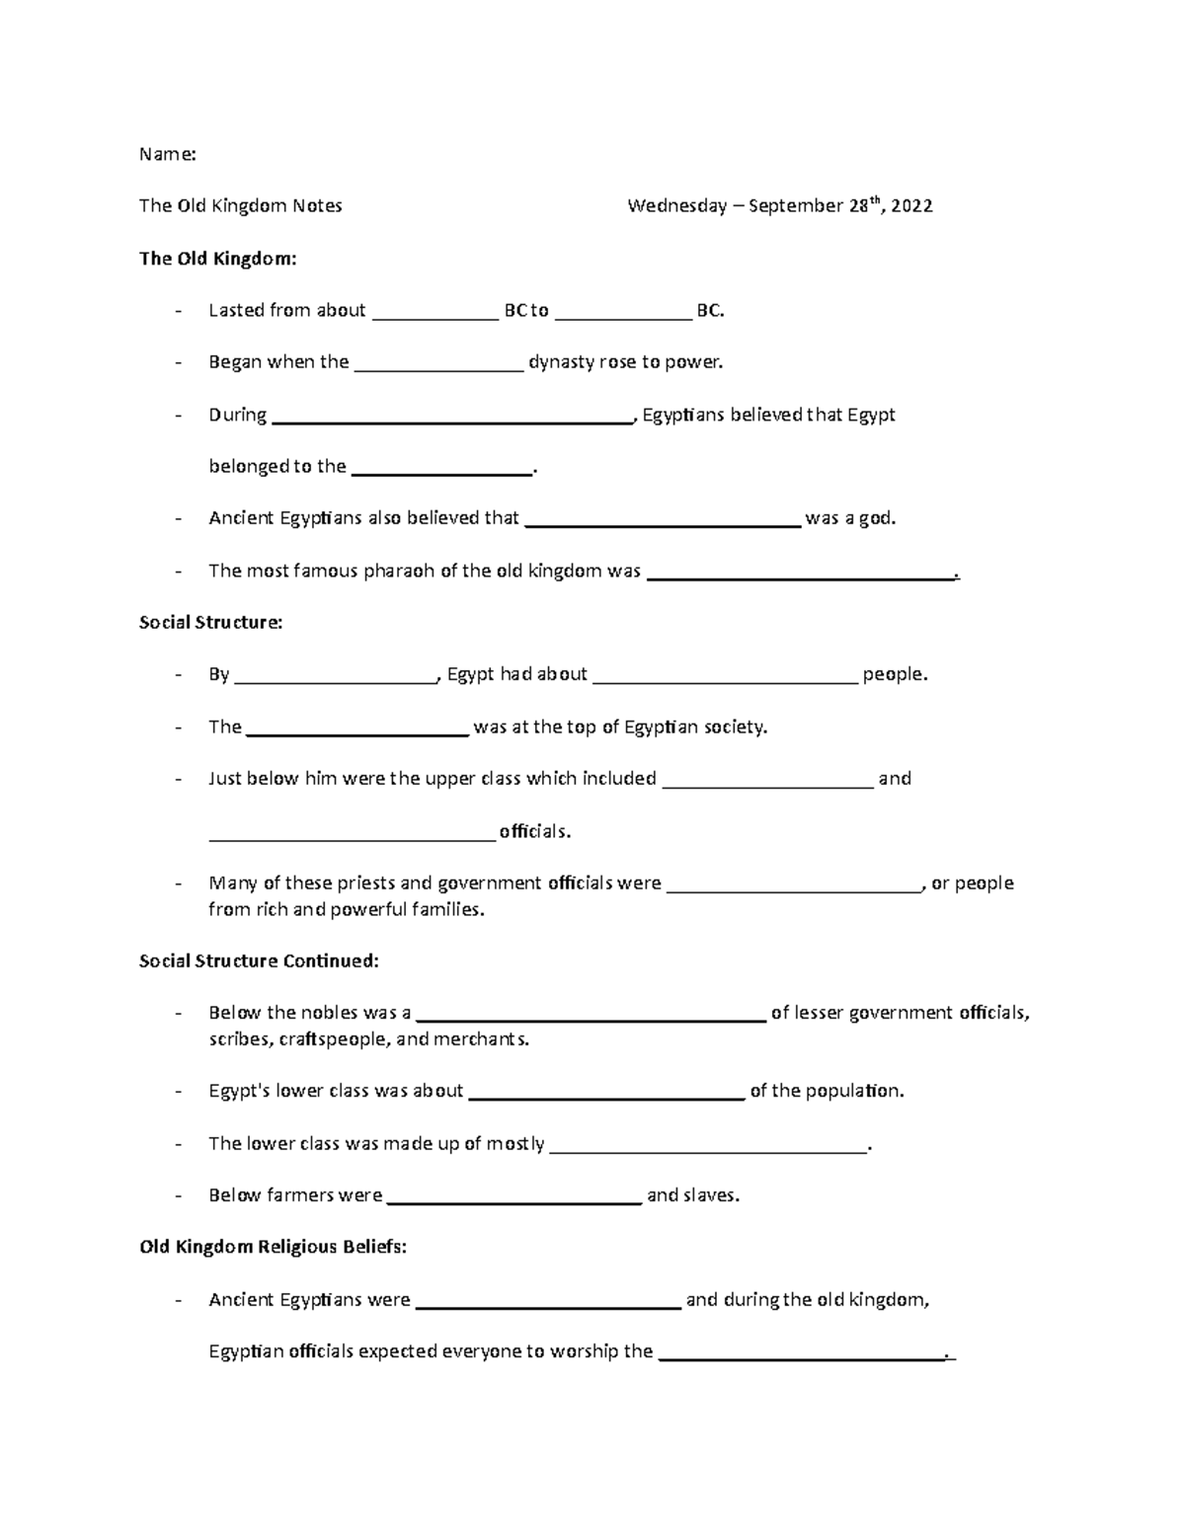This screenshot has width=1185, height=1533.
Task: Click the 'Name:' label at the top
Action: coord(167,154)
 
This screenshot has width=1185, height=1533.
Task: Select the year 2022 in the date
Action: coord(911,206)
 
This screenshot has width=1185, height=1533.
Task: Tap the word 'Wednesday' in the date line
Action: coord(676,206)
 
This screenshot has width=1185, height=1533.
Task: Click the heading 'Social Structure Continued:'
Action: coord(259,960)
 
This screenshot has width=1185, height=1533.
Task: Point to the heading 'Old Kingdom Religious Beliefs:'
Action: coord(273,1247)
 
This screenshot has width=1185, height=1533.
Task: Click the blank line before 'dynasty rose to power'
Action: coord(438,365)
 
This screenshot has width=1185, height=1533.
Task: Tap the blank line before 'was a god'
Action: coord(662,521)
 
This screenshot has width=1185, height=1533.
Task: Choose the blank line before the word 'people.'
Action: coord(725,677)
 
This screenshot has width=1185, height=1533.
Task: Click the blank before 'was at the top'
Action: coord(356,729)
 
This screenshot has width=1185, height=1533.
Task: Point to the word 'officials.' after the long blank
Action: coord(535,831)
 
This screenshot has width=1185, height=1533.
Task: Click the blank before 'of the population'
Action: coord(606,1094)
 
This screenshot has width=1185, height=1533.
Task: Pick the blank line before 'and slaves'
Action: coord(514,1198)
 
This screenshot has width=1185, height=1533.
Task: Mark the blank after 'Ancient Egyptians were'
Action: coord(548,1303)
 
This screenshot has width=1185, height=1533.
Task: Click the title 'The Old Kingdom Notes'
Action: coord(241,206)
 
